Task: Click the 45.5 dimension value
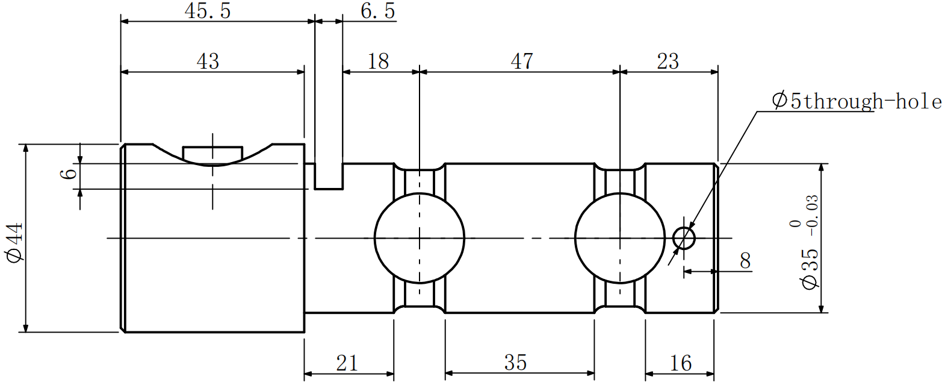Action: point(208,11)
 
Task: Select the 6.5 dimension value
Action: point(377,11)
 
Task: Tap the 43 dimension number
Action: point(208,61)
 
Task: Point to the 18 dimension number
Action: point(378,61)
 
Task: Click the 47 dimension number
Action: point(521,61)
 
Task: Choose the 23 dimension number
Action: point(668,61)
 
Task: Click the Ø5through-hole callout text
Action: point(857,101)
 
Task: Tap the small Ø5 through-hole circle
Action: point(684,238)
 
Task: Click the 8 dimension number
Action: point(745,261)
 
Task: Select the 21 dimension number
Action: point(347,363)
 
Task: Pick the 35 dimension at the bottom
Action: point(515,363)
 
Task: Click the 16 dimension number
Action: point(680,363)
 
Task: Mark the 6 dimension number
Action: point(70,174)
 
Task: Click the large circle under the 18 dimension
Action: point(420,238)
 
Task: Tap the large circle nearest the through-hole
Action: point(620,238)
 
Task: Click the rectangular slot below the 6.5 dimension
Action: point(329,177)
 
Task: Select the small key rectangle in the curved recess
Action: point(212,154)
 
